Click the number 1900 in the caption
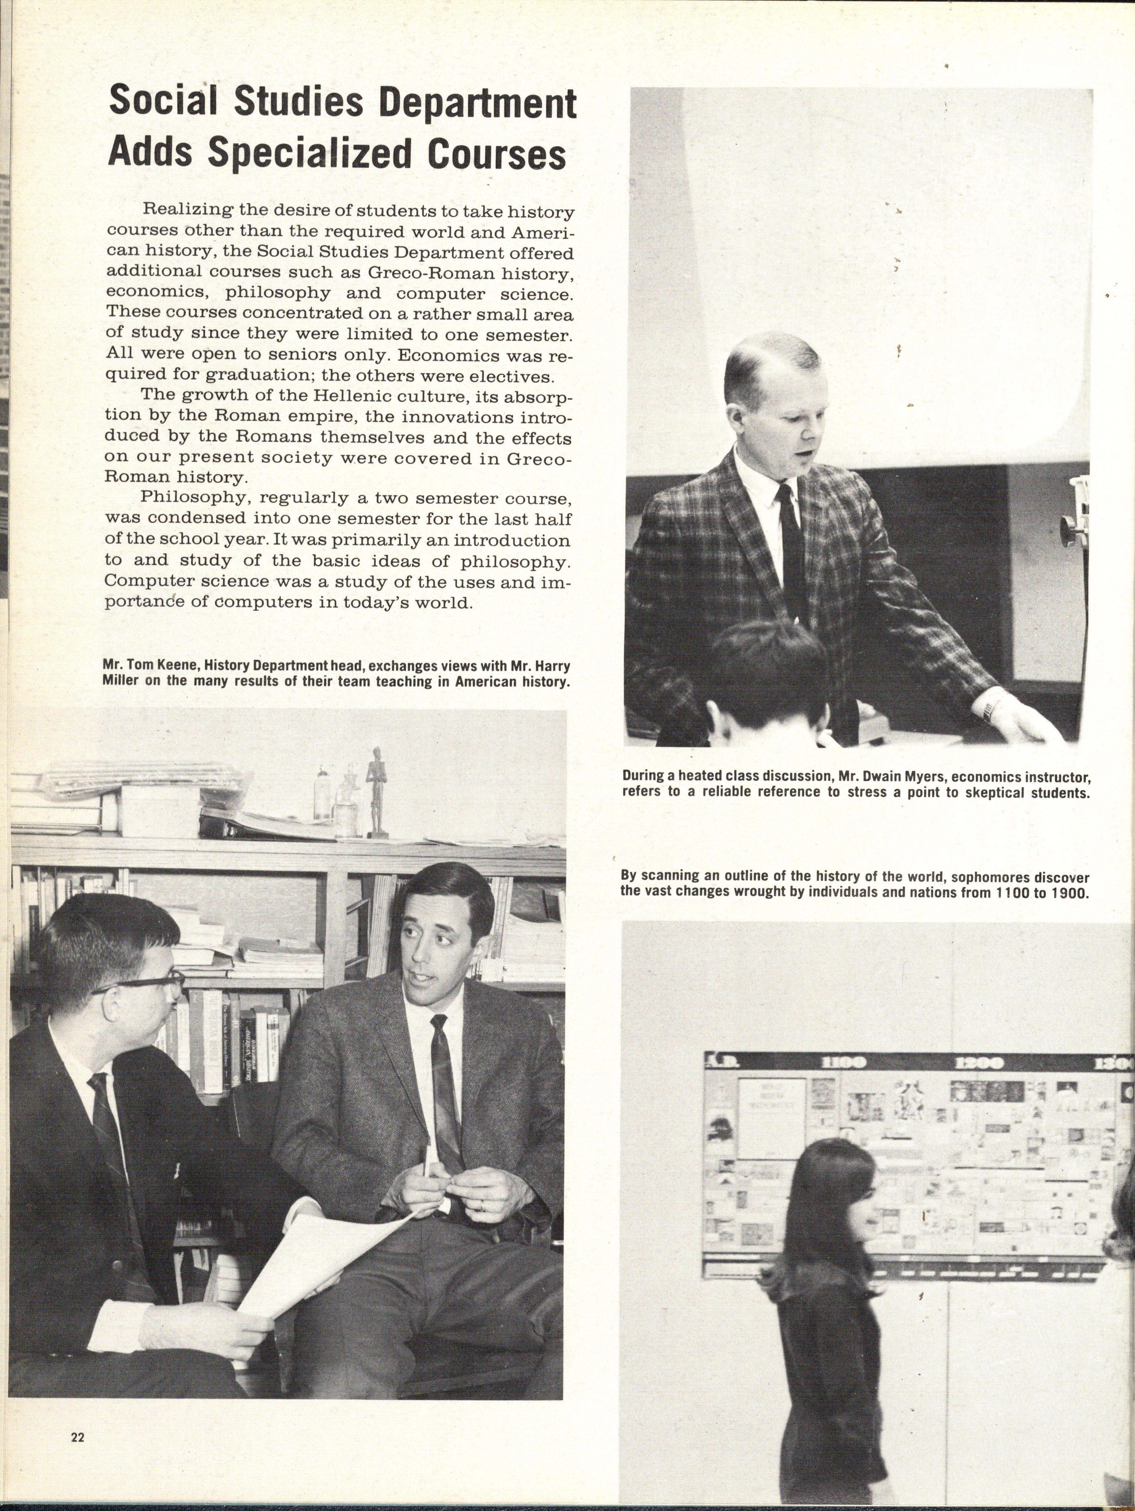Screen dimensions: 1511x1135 point(1067,893)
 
